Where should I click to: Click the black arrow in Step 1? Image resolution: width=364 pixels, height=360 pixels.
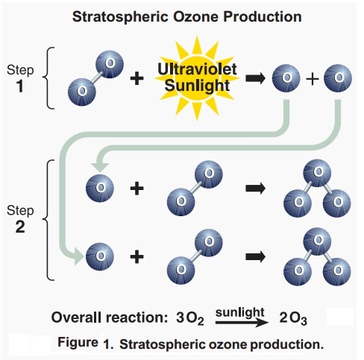(254, 77)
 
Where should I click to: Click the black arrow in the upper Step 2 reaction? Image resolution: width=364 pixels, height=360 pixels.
(254, 188)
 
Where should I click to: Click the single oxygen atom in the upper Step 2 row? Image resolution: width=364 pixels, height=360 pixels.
(99, 186)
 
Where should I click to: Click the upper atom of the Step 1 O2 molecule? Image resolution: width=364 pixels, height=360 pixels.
(110, 65)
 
